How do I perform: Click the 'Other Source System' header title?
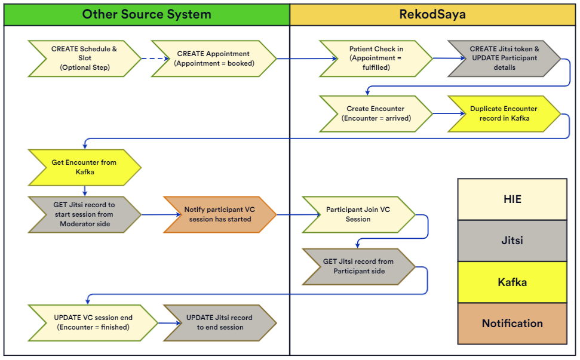[x=146, y=14]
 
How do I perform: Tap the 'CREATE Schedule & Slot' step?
[x=84, y=59]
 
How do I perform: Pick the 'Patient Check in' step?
[x=376, y=59]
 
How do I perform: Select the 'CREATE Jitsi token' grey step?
[x=504, y=59]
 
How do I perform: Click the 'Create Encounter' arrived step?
[x=375, y=113]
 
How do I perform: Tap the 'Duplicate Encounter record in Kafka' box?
[x=504, y=113]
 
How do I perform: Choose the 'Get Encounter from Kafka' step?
[x=84, y=167]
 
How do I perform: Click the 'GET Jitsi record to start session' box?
[x=84, y=214]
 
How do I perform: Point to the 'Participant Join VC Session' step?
[x=358, y=214]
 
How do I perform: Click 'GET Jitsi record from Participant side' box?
[x=358, y=266]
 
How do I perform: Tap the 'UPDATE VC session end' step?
[x=93, y=322]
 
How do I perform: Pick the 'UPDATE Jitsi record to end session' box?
[x=219, y=322]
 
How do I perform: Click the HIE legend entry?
[x=512, y=199]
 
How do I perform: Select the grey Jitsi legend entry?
[x=512, y=241]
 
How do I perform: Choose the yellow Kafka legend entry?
[x=512, y=282]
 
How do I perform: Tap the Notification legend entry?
[x=512, y=324]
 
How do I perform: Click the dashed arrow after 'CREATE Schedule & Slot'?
[x=146, y=59]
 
